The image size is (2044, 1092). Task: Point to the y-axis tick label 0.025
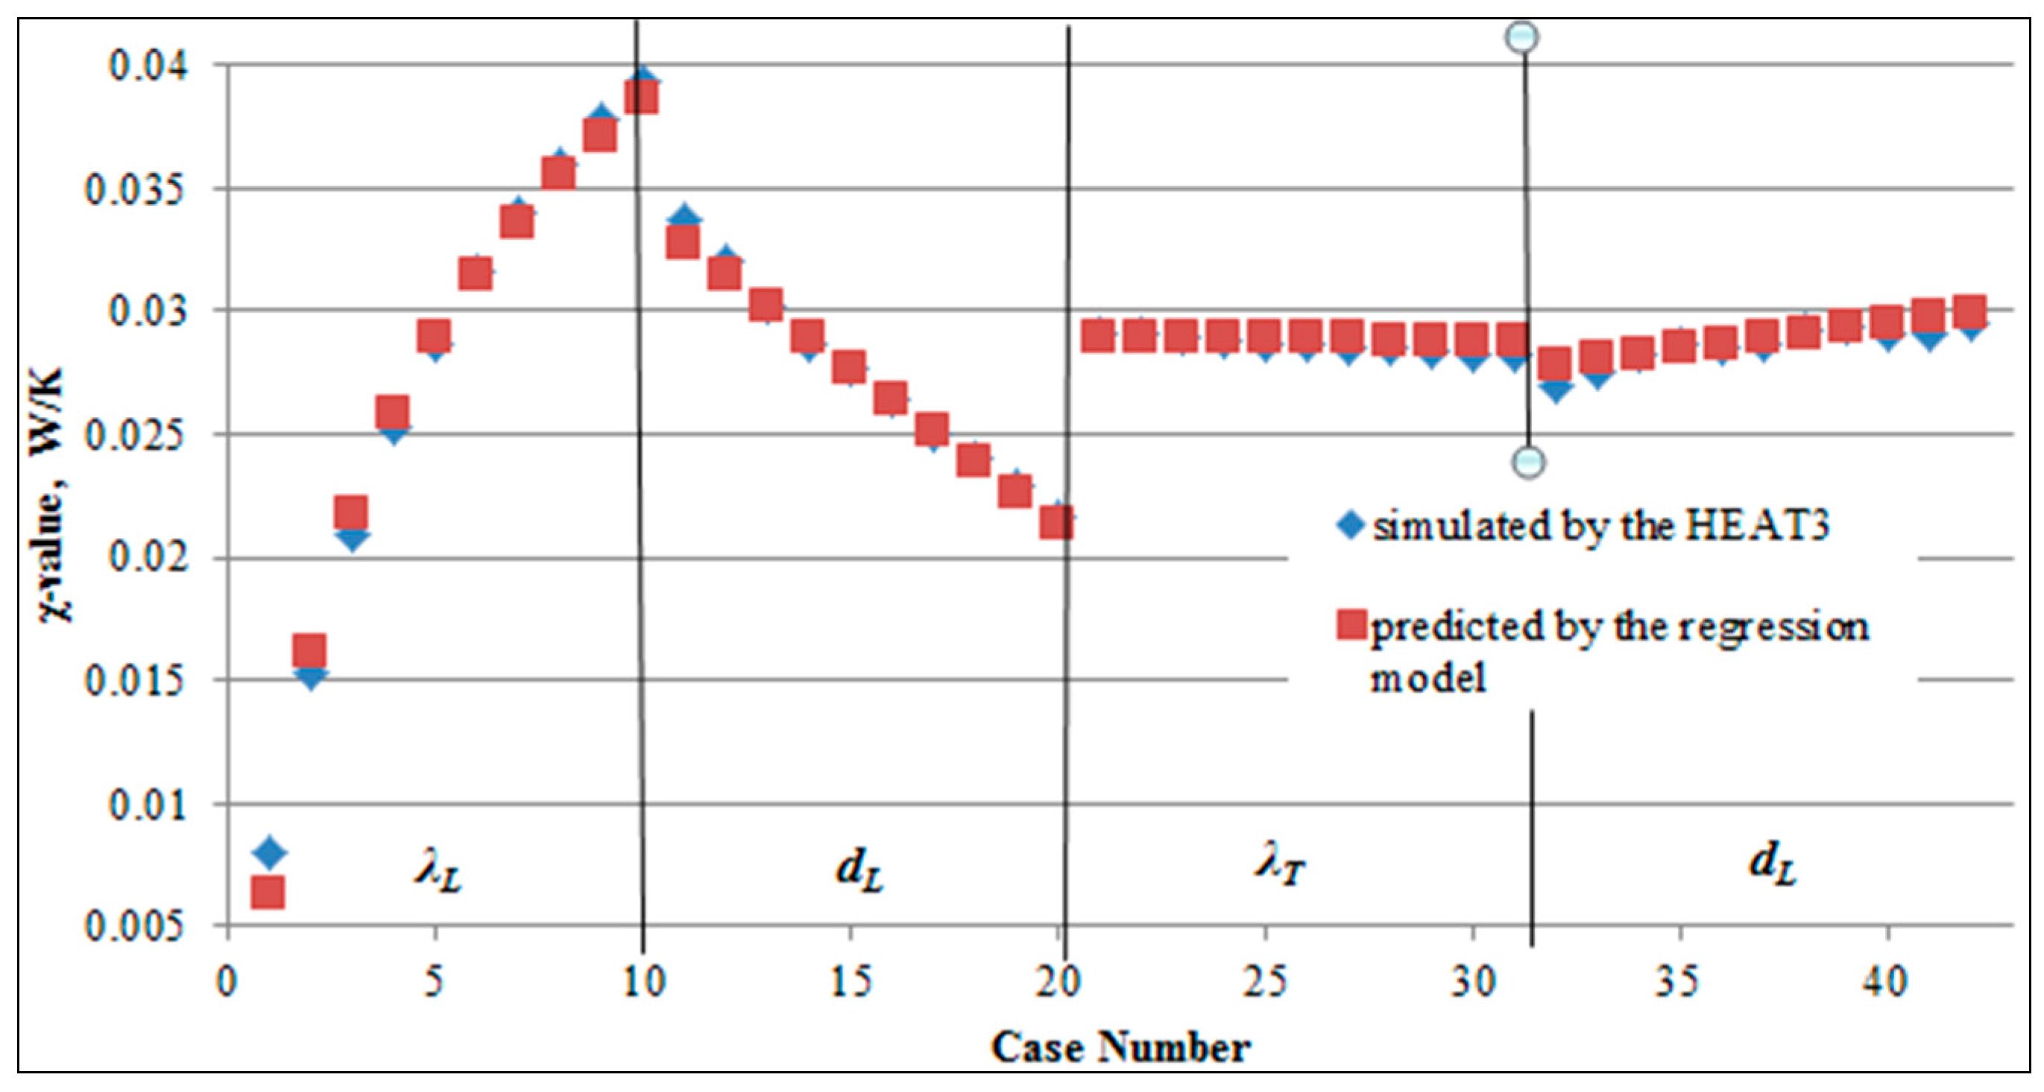click(137, 435)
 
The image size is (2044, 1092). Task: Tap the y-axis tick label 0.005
click(137, 926)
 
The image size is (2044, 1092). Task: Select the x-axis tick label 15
click(851, 983)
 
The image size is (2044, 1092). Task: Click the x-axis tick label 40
click(1886, 983)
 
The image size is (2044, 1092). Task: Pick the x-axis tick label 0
click(227, 983)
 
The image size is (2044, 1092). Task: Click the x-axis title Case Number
click(1120, 1047)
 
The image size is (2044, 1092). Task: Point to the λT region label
click(1279, 866)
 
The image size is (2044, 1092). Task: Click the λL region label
click(438, 872)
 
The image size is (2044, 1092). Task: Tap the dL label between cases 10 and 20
click(859, 871)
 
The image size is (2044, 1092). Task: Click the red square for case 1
click(268, 892)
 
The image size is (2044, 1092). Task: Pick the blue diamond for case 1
click(269, 851)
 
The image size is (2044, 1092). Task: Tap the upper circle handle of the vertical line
click(1522, 37)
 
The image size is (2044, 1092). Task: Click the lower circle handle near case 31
click(1528, 462)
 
